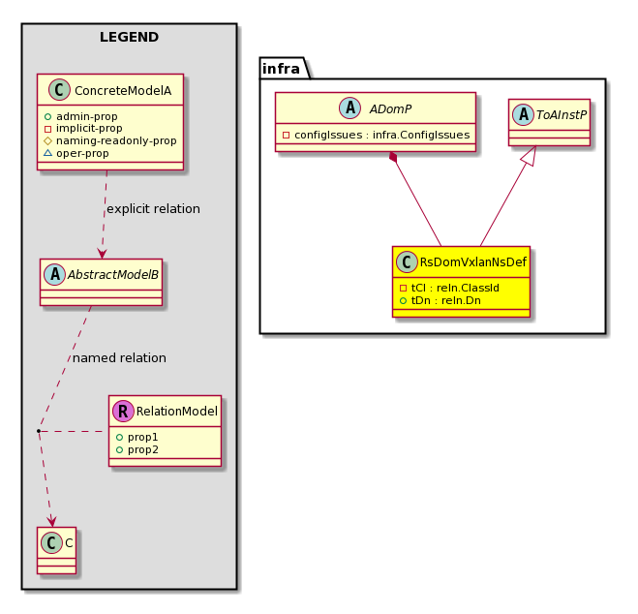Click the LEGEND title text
pos(129,37)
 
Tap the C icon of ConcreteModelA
pos(59,90)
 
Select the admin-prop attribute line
pos(81,116)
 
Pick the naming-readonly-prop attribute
pos(110,140)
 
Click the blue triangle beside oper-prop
pos(47,153)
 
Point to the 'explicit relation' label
pos(153,209)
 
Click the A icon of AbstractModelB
pos(55,275)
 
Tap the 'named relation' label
pos(119,357)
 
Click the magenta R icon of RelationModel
pos(123,411)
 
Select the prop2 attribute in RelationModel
pos(137,449)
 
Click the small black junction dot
pos(39,431)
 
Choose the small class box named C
pos(56,550)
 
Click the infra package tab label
pos(281,69)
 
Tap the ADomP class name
pos(390,109)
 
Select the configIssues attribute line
pos(376,135)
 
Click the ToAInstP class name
pos(562,115)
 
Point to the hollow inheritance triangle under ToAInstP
pos(532,155)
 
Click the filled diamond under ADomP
pos(393,157)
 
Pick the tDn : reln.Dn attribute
pos(441,300)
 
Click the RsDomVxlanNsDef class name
pos(472,262)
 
